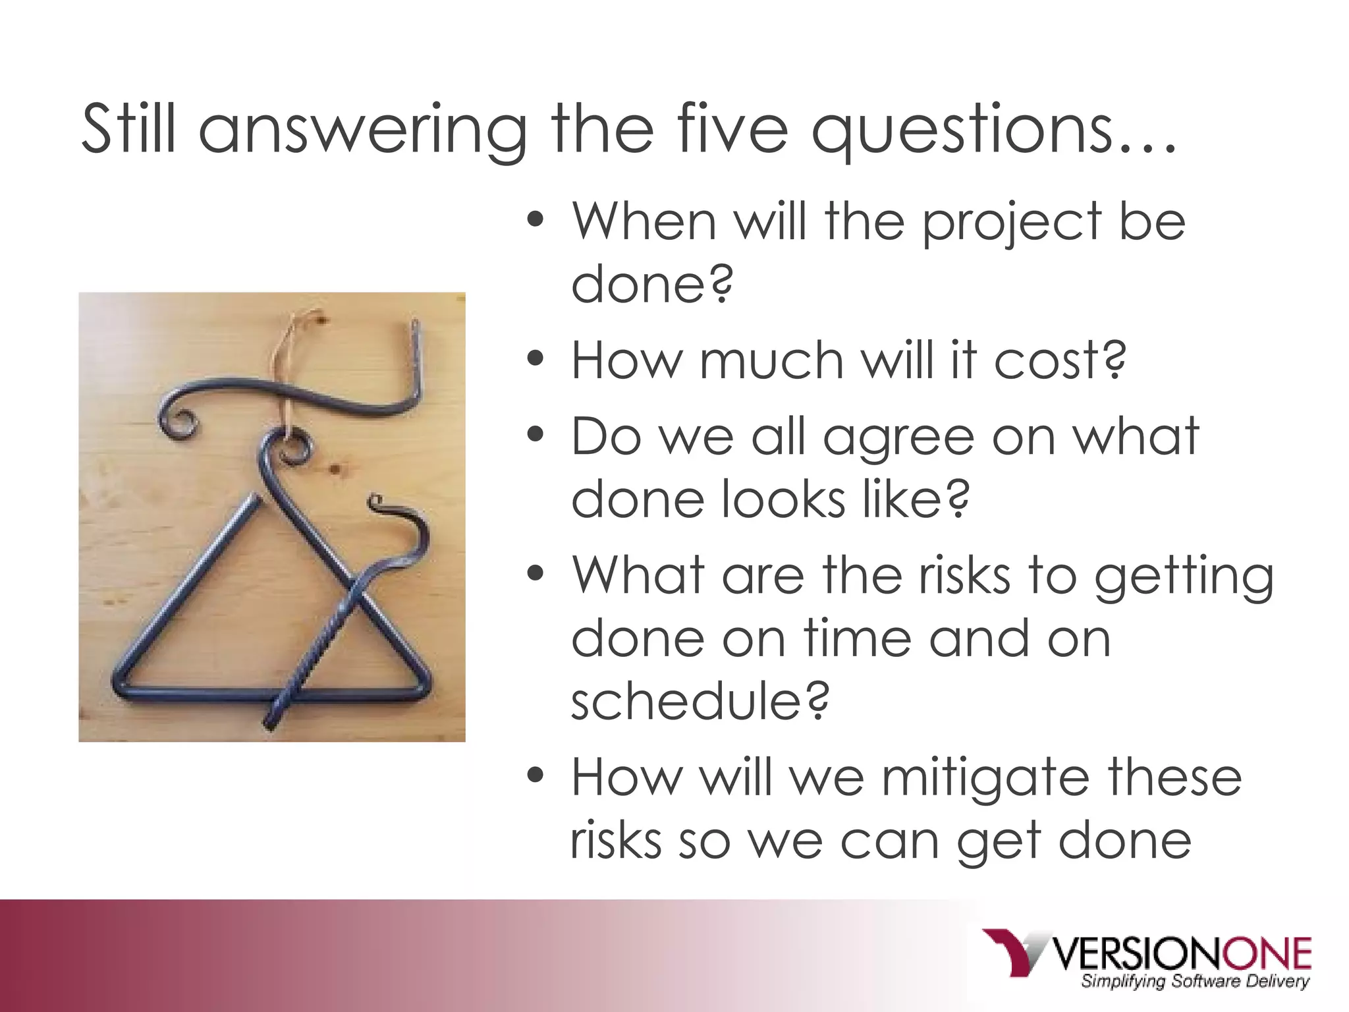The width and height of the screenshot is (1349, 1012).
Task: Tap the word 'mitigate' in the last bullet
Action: [x=985, y=777]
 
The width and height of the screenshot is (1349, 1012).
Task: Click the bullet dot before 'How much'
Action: [x=536, y=359]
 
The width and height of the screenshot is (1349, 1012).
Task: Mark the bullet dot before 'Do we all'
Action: [x=536, y=436]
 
